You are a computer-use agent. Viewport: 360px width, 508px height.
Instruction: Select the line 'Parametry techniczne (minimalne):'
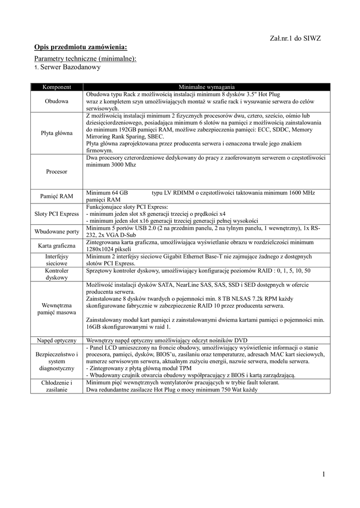(85, 59)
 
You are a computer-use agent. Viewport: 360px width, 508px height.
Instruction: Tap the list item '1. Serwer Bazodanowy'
(68, 66)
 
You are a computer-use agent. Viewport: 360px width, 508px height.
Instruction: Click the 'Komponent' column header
(57, 87)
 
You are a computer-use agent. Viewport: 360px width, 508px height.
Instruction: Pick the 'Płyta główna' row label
(57, 133)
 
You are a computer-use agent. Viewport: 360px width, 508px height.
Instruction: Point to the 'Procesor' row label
(57, 171)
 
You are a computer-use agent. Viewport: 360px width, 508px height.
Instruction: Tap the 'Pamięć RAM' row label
(57, 196)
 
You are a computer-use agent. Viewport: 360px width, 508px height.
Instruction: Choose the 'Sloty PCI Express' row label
(57, 214)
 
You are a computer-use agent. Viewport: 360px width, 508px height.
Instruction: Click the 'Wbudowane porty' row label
(57, 232)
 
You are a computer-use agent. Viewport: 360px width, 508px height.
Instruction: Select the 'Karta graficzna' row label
(57, 246)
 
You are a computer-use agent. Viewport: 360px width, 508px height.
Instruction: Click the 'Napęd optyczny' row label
(57, 340)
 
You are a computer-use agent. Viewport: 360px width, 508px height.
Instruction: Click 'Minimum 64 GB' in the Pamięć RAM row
(107, 192)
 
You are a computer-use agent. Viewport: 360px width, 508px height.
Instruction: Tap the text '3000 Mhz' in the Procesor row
(123, 165)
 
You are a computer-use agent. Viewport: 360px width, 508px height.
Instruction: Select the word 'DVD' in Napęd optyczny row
(240, 340)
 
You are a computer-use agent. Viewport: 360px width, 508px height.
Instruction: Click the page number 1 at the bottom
(323, 475)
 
